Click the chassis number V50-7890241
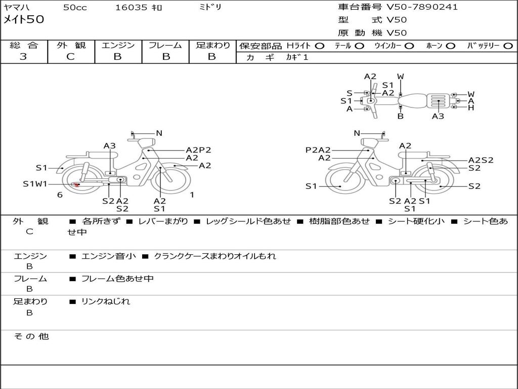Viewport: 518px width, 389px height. (422, 7)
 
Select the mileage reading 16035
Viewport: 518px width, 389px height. (131, 8)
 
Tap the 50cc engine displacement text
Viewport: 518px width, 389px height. (74, 8)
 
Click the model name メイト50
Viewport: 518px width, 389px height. (24, 20)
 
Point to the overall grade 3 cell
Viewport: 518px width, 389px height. (23, 57)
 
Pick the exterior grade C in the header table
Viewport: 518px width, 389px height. (71, 57)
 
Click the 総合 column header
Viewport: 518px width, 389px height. (24, 46)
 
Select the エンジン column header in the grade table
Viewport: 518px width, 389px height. (118, 46)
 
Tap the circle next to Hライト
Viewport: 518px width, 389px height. (320, 46)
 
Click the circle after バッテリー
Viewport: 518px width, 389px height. (507, 46)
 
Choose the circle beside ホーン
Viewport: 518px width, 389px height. (450, 46)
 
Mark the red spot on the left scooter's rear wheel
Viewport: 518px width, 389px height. (76, 184)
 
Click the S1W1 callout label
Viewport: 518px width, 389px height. (35, 184)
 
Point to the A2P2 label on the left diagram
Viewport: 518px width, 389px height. (198, 150)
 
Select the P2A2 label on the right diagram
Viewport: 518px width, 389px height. (318, 150)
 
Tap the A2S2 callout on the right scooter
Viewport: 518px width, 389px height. (480, 160)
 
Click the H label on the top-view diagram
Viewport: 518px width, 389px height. (471, 107)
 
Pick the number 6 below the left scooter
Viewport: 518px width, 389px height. (60, 194)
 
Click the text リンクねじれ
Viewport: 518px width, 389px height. (106, 301)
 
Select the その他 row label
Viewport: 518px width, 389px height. (31, 336)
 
